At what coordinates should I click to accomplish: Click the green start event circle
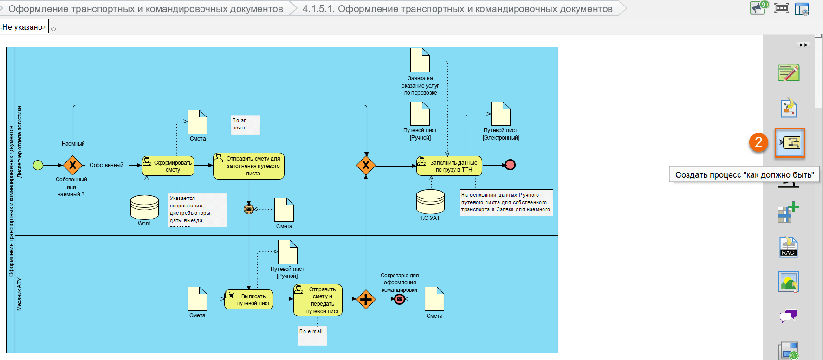38,165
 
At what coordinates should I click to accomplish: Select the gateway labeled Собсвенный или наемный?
73,165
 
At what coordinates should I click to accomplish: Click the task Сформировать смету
168,166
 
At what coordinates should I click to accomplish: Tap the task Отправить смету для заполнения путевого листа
248,166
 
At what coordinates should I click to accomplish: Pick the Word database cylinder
144,207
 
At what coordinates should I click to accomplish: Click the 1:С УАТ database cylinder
430,202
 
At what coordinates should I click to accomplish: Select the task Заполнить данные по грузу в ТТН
449,166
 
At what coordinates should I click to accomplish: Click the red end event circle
510,165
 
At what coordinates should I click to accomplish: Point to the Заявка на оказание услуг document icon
420,60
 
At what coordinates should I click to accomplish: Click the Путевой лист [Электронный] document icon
500,114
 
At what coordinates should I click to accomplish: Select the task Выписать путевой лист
249,300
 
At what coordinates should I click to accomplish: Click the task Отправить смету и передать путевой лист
318,300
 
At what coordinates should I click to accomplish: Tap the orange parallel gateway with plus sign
366,299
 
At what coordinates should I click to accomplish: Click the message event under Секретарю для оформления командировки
400,299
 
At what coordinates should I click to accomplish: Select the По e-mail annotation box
312,335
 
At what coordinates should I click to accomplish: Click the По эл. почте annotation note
245,125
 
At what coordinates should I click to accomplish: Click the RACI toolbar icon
789,247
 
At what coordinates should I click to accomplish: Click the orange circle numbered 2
758,142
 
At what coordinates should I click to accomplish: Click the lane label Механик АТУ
19,294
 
